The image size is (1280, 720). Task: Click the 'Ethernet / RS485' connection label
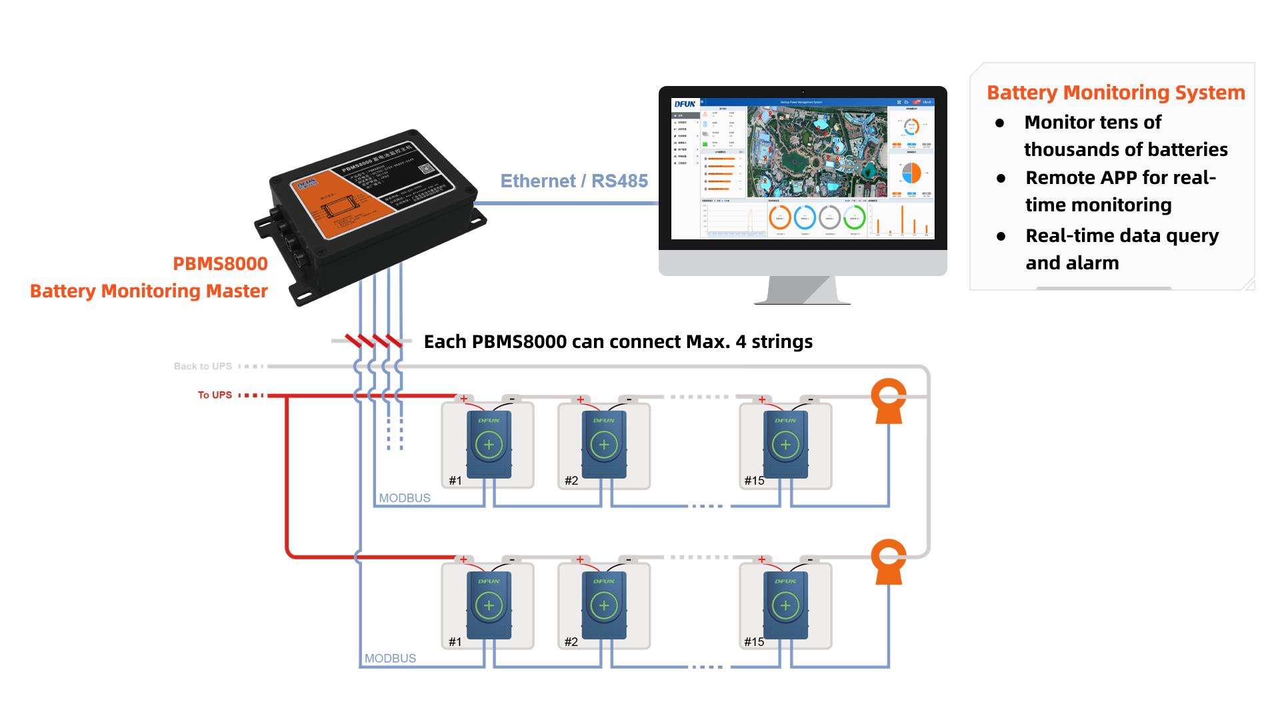coord(573,181)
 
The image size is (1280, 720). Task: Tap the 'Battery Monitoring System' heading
coord(1115,93)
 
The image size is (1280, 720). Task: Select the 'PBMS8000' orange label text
coord(220,264)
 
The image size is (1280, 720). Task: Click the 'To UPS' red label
coord(215,395)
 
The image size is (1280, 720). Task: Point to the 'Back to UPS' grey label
coord(203,367)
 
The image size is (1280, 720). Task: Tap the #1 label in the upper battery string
coord(455,481)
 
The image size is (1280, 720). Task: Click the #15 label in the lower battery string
coord(754,642)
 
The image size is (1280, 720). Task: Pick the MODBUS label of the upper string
coord(405,498)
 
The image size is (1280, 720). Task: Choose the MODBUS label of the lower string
coord(390,659)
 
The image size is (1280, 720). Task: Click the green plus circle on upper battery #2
coord(604,445)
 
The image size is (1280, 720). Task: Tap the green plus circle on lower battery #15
coord(785,605)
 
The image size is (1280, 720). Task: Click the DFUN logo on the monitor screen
coord(685,104)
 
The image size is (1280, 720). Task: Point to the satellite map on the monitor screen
coord(817,152)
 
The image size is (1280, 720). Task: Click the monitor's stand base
coord(802,300)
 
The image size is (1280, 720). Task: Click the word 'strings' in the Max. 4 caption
coord(782,342)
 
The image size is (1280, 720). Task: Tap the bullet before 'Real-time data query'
coord(1001,236)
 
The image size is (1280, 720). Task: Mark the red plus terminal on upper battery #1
coord(463,399)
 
